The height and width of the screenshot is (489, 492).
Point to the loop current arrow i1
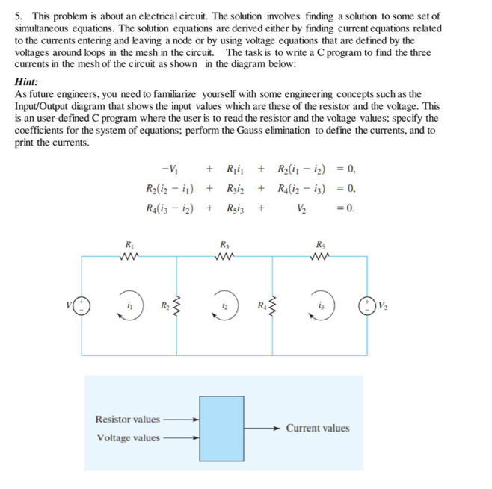(x=130, y=307)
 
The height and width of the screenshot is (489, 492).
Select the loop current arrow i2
(x=225, y=307)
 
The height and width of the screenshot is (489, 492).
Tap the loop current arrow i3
(x=321, y=307)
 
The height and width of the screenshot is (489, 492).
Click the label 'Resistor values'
(x=127, y=419)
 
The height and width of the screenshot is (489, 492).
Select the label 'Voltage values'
(x=128, y=437)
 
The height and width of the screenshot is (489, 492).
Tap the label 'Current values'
(x=318, y=428)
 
